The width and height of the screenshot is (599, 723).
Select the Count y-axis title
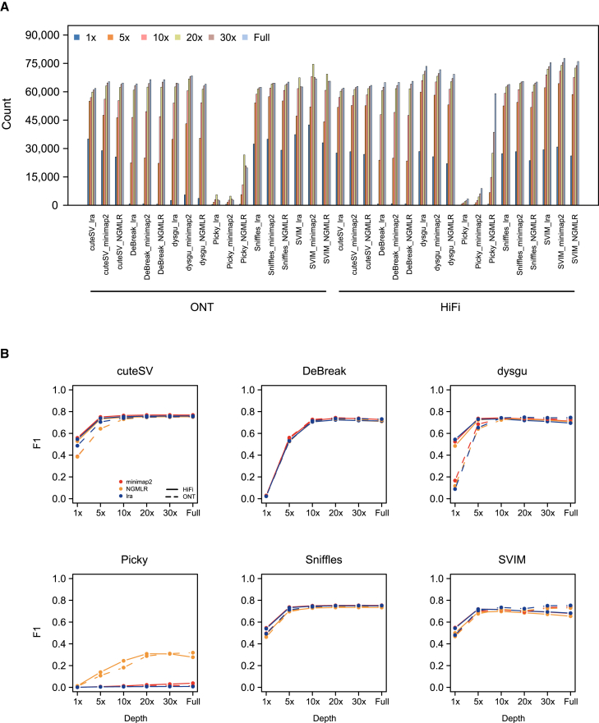[x=7, y=121]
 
